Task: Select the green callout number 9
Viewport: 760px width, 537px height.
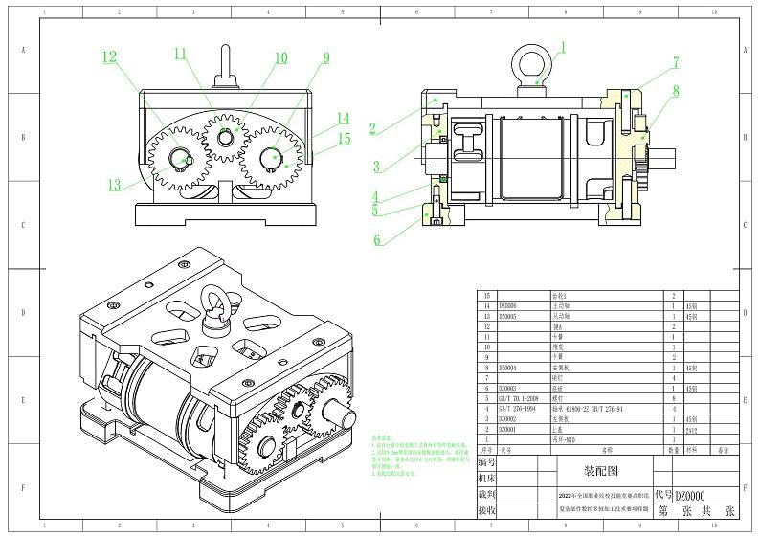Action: tap(325, 58)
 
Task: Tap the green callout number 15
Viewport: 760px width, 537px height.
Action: tap(343, 139)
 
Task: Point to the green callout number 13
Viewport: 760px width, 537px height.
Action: tap(115, 185)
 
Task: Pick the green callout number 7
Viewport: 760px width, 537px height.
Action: tap(675, 62)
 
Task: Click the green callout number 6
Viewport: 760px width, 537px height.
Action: tap(377, 239)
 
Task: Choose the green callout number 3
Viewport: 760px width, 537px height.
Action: tap(377, 166)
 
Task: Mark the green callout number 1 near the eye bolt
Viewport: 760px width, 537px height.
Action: tap(563, 46)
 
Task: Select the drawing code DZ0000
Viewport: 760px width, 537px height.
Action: tap(690, 496)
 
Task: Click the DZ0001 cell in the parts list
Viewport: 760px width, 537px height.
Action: tap(507, 430)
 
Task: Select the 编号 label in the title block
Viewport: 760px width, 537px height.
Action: tap(485, 461)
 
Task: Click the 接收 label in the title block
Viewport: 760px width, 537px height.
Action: tap(485, 511)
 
